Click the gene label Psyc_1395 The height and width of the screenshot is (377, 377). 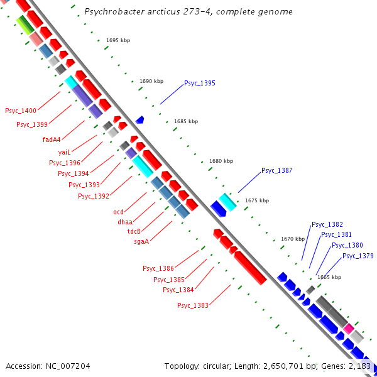click(199, 83)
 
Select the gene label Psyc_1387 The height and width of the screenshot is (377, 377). click(277, 170)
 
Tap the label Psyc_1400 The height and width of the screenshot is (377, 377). click(21, 111)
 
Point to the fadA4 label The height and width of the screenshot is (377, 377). click(52, 139)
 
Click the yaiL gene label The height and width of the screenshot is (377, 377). click(64, 153)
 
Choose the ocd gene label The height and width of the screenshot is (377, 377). click(118, 212)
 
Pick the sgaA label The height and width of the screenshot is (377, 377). click(141, 241)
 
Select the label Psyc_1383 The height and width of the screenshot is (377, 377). click(192, 305)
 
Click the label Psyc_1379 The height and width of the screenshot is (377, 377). click(358, 256)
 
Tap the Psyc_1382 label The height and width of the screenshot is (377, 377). click(327, 224)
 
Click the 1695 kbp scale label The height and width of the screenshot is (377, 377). click(117, 40)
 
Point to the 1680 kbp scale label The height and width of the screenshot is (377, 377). click(221, 161)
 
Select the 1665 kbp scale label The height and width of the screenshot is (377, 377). click(329, 277)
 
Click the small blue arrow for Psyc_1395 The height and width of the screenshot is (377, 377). click(139, 119)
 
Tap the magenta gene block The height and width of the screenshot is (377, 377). click(348, 328)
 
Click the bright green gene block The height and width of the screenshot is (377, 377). click(25, 25)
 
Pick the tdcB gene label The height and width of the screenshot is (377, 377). click(134, 231)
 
